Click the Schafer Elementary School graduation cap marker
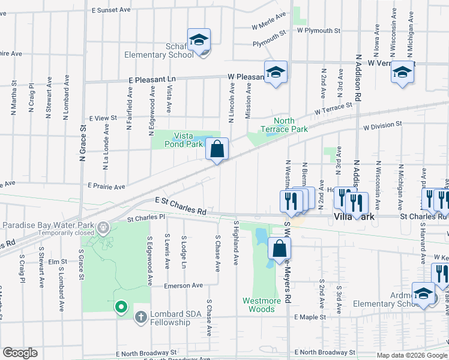point(199,40)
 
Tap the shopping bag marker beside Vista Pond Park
point(217,148)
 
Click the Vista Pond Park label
point(184,140)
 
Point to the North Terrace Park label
point(284,125)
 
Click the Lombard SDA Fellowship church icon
point(140,316)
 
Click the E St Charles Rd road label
point(180,206)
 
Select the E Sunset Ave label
point(112,11)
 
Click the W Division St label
point(382,125)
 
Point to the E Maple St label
point(310,317)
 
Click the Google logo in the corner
point(20,353)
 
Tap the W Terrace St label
point(333,109)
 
